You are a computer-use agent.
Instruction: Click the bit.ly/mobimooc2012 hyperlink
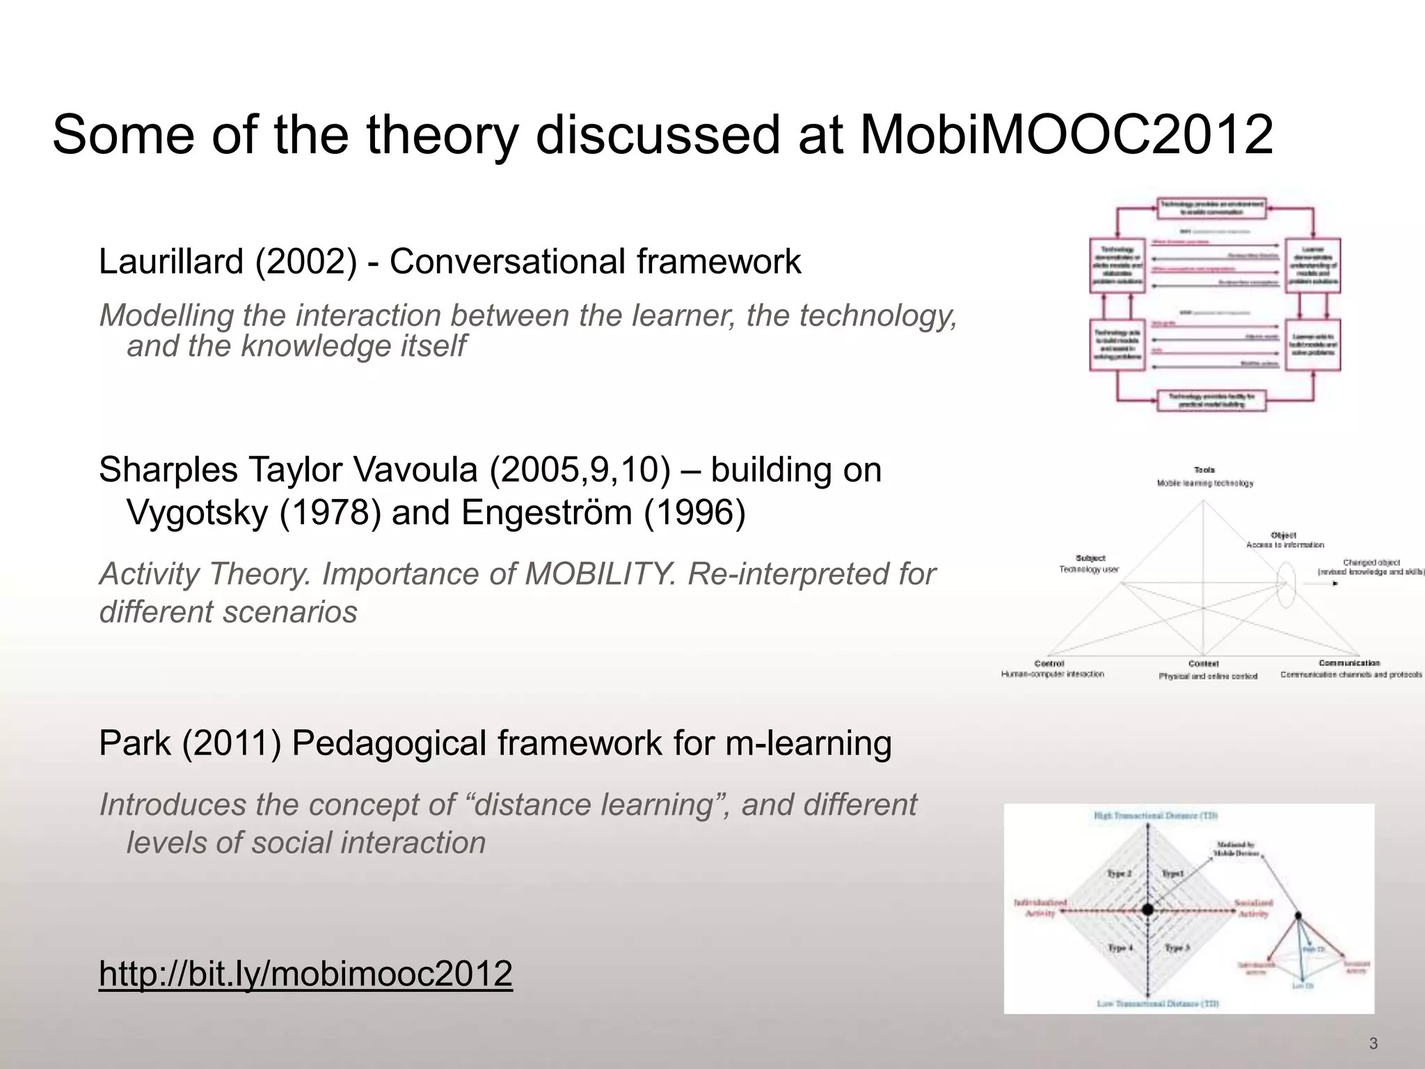coord(305,973)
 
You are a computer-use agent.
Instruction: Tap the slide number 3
coord(1373,1043)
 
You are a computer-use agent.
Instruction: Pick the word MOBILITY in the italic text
coord(599,574)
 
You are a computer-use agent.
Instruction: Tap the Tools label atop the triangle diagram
coord(1204,470)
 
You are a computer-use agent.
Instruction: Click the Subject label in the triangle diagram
coord(1090,558)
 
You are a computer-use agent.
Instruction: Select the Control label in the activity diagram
coord(1049,663)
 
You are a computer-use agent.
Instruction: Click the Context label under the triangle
coord(1204,664)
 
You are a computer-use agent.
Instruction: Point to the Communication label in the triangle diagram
coord(1349,663)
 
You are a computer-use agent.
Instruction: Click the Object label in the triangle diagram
coord(1283,534)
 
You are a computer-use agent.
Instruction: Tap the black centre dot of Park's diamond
coord(1148,909)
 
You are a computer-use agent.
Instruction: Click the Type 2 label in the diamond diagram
coord(1120,873)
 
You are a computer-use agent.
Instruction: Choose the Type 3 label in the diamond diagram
coord(1177,948)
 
